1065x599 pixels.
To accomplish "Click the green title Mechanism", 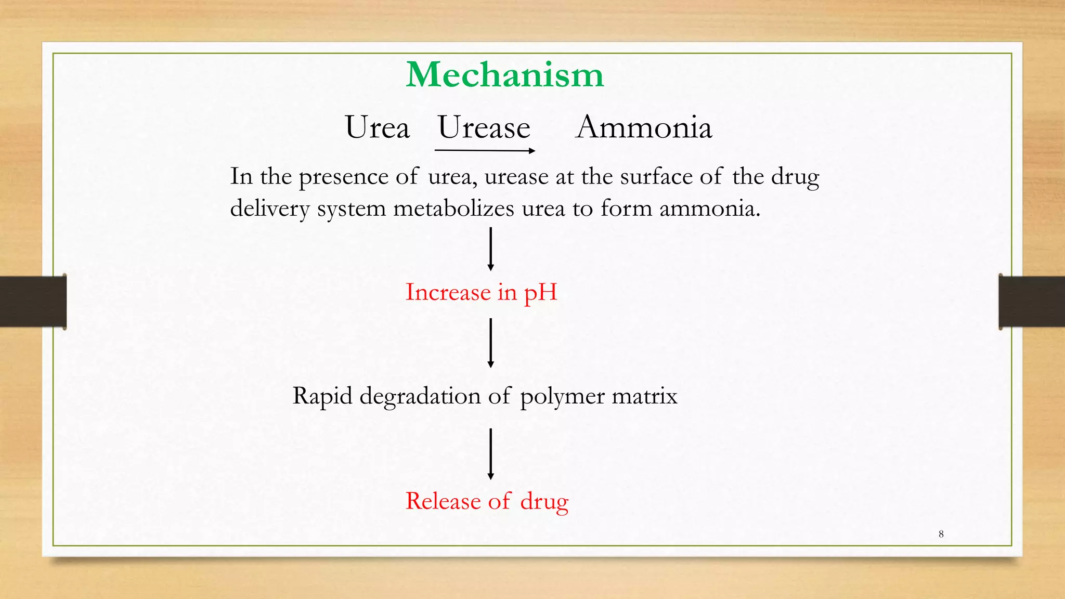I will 504,75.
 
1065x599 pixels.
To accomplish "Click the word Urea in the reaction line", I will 377,127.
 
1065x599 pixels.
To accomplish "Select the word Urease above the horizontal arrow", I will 484,127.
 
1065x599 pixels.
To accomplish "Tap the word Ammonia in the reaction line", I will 644,127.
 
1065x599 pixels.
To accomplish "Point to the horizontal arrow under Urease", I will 485,151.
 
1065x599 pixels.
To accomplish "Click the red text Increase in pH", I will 481,292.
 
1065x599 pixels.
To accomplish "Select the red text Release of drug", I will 487,501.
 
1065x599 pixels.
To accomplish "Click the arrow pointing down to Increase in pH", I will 490,249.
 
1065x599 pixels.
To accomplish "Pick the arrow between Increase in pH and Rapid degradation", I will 490,343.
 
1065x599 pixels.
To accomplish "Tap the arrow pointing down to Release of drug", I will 490,453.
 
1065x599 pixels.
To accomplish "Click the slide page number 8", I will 941,534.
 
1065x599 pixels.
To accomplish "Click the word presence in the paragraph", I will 343,177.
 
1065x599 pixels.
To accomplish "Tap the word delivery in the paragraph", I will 270,209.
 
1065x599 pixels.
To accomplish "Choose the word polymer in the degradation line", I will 562,397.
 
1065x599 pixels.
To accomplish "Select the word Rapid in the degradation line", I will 322,397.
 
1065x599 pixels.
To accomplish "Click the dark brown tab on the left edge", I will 33,302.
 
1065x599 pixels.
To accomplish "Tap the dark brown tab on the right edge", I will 1032,302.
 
